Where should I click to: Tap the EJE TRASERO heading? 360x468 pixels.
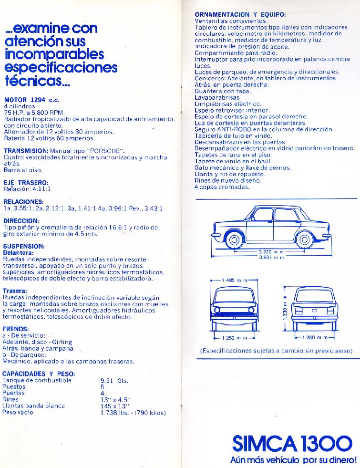click(x=26, y=183)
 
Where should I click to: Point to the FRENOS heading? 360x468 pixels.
click(x=16, y=329)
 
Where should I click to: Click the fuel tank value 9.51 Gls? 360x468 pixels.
click(x=115, y=380)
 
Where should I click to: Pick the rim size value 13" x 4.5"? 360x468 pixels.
click(x=116, y=399)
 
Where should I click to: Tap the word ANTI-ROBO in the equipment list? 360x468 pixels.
click(x=231, y=129)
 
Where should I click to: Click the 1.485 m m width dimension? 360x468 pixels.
click(x=234, y=280)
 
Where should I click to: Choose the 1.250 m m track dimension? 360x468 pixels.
click(x=234, y=338)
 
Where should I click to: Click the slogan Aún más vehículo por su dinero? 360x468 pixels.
click(x=293, y=461)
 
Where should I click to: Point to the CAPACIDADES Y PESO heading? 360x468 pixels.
click(x=39, y=374)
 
